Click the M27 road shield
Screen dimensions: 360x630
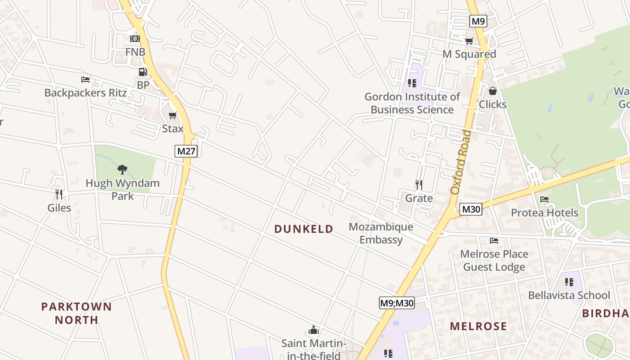coord(186,151)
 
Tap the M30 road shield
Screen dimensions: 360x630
coord(471,209)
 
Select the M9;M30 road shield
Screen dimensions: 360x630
coord(396,303)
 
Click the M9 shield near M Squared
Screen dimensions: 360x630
coord(478,21)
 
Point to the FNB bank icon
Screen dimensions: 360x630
coord(135,39)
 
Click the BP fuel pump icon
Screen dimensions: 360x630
coord(143,72)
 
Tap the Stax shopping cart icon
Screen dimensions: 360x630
coord(172,116)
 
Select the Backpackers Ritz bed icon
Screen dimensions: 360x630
coord(85,80)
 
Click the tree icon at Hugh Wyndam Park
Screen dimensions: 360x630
coord(122,170)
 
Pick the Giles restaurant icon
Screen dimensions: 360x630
coord(59,194)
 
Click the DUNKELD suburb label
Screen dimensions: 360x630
coord(304,229)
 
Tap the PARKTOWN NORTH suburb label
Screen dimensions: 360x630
coord(76,313)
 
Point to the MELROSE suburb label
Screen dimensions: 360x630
coord(478,326)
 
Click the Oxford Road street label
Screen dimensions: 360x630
coord(461,162)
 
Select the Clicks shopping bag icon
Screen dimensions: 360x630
coord(493,91)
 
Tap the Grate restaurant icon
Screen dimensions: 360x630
coord(419,184)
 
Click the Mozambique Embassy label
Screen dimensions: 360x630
coord(381,233)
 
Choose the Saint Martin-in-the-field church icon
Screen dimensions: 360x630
coord(314,330)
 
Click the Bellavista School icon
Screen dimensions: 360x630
coord(569,282)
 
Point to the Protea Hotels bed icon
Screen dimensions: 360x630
coord(544,199)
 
